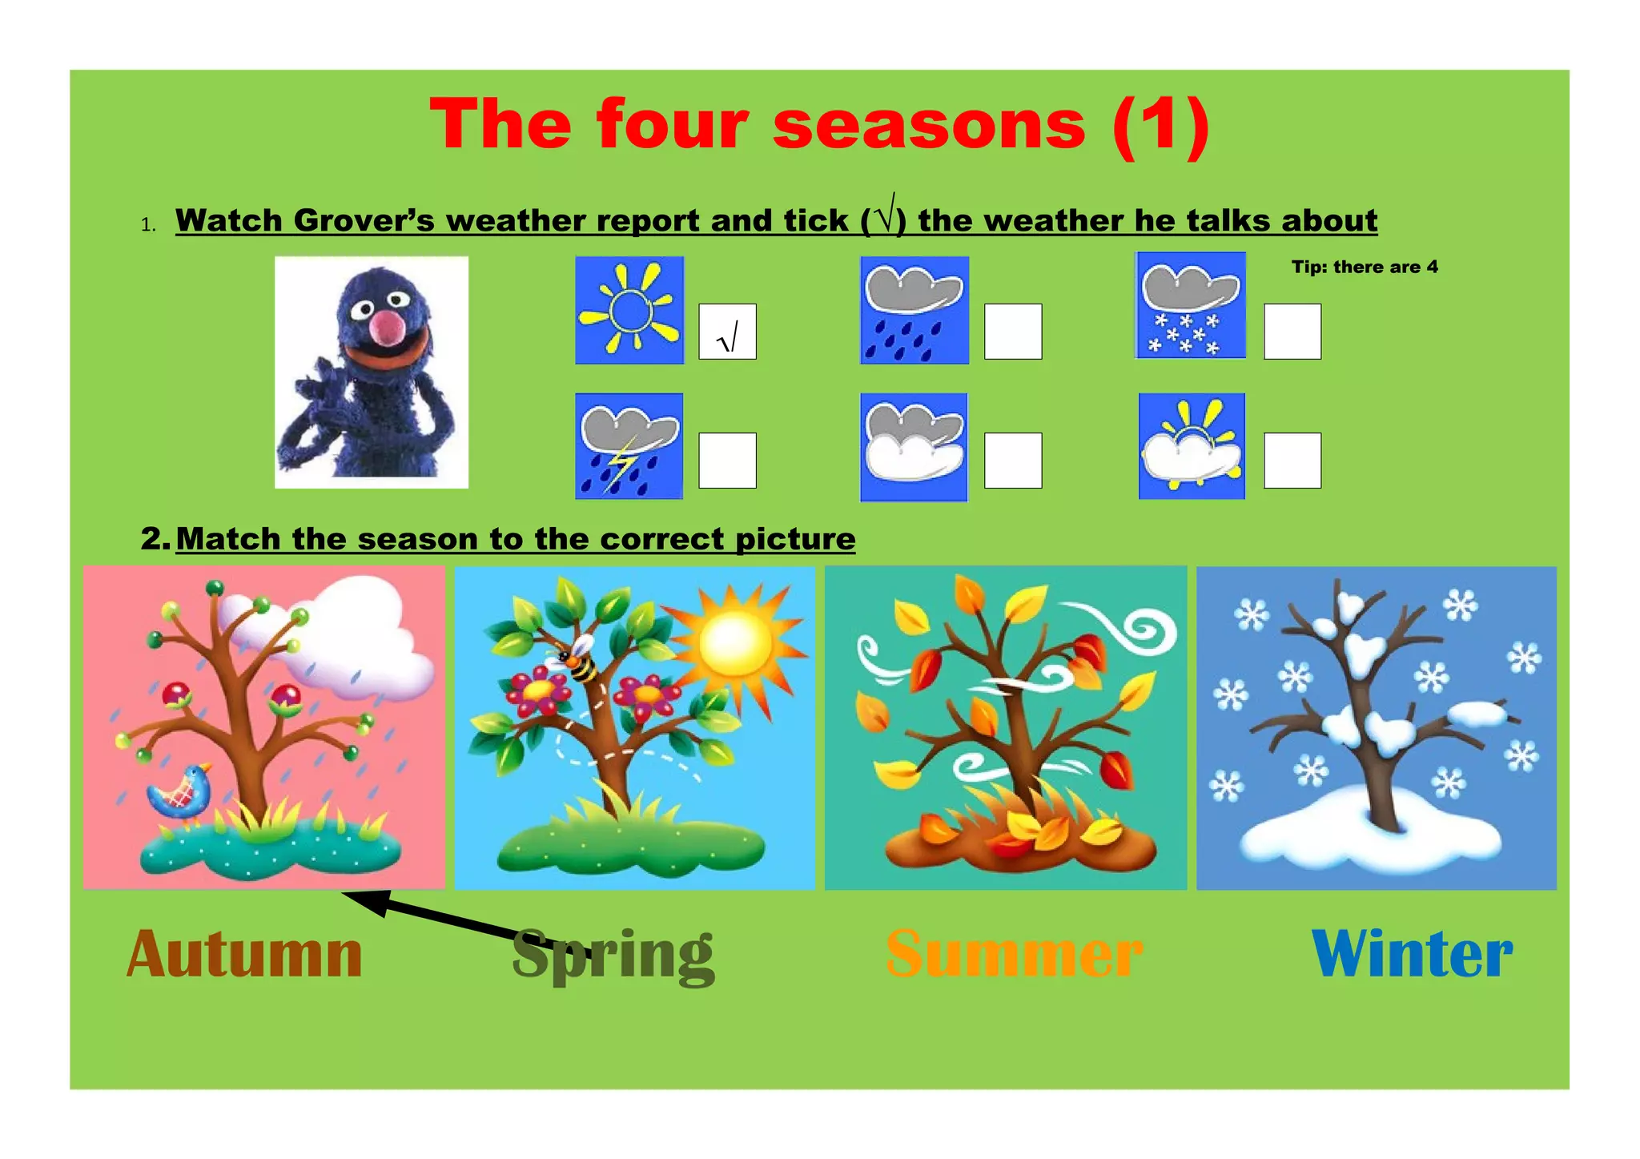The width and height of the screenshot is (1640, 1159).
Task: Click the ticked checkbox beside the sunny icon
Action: (x=727, y=332)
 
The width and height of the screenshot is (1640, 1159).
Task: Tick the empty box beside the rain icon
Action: (x=1012, y=332)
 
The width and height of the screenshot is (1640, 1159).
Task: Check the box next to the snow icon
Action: (x=1292, y=332)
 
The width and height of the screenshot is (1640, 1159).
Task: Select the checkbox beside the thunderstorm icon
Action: (x=727, y=461)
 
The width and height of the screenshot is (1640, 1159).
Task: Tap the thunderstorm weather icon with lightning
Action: (x=629, y=446)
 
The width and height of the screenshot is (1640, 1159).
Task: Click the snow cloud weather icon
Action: (x=1191, y=305)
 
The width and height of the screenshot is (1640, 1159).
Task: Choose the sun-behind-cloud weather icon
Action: (x=1192, y=446)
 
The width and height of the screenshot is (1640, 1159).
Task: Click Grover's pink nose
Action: (x=389, y=327)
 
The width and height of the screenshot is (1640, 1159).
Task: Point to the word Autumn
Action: (x=244, y=955)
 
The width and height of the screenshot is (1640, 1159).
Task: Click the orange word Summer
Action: (x=1014, y=955)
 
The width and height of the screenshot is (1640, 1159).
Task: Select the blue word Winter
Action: (x=1412, y=955)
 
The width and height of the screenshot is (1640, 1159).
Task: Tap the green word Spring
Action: (x=613, y=955)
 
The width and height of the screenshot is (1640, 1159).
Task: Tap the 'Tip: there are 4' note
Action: (x=1365, y=268)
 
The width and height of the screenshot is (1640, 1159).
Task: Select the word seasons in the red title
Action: (x=929, y=125)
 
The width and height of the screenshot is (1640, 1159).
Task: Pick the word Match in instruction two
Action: (x=228, y=539)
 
